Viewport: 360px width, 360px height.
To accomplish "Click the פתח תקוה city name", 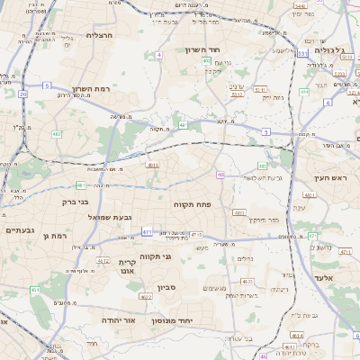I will click(192, 204).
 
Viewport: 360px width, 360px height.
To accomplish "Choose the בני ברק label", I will click(59, 202).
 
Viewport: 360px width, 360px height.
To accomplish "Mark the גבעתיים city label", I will click(20, 229).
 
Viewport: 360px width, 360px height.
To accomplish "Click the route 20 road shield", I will click(22, 94).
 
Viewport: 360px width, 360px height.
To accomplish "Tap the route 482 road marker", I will click(57, 134).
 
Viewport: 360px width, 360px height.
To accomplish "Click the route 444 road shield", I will click(304, 92).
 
